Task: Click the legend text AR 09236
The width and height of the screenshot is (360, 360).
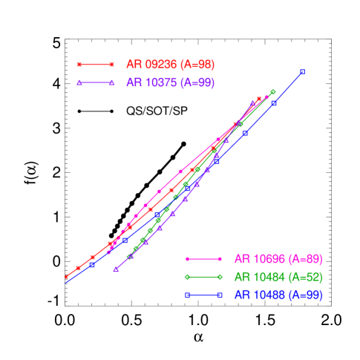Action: click(171, 65)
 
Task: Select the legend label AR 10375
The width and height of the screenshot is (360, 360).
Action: click(171, 82)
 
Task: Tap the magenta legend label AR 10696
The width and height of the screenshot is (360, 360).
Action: click(278, 259)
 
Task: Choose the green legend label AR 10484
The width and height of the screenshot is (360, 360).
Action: click(278, 277)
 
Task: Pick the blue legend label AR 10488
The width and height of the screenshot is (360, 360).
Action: click(278, 295)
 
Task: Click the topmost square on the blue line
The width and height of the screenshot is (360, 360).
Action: click(303, 72)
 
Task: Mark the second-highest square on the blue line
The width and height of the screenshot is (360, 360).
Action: click(274, 103)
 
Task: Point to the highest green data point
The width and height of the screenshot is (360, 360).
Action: click(273, 92)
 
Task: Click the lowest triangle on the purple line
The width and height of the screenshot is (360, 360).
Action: click(116, 270)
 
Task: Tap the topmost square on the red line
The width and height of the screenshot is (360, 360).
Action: click(259, 98)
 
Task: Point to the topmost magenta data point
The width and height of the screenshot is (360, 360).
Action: click(266, 97)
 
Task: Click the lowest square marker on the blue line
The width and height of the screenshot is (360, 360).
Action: click(92, 265)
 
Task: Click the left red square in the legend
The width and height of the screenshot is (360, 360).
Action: click(79, 65)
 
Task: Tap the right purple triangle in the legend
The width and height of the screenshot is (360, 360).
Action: click(111, 82)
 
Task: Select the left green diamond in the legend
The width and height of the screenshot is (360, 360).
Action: click(188, 277)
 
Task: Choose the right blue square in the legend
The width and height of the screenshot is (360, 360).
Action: click(220, 295)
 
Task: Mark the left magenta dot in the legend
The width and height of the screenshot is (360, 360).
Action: click(188, 259)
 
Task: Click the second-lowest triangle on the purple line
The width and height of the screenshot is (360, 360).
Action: click(131, 256)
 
